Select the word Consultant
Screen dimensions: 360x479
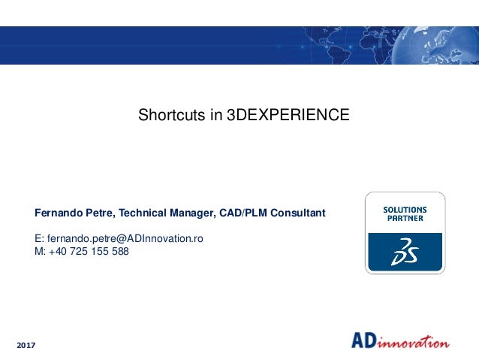pos(299,213)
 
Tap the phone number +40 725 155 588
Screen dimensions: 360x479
pos(89,252)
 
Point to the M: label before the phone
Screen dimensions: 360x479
pos(41,252)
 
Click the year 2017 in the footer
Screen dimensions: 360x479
pos(26,344)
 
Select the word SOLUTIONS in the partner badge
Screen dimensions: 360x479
pos(405,210)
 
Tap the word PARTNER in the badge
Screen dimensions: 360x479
pos(405,219)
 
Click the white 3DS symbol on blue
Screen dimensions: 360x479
pos(405,253)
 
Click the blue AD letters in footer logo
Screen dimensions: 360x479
pos(366,340)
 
